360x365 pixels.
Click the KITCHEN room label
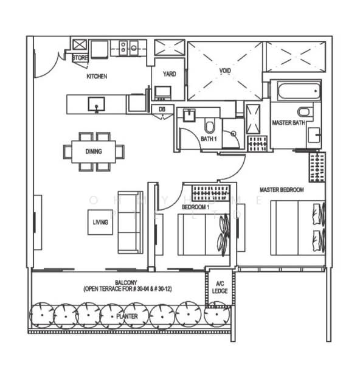(97, 77)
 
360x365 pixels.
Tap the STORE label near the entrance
(80, 58)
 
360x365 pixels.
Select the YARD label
(168, 74)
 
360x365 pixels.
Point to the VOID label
(225, 71)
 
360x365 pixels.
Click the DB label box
(162, 109)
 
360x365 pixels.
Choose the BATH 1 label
(209, 139)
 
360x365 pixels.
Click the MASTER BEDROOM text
(282, 190)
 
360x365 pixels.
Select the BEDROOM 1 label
(195, 207)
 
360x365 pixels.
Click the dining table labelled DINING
(94, 151)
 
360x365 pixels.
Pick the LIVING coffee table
(100, 223)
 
